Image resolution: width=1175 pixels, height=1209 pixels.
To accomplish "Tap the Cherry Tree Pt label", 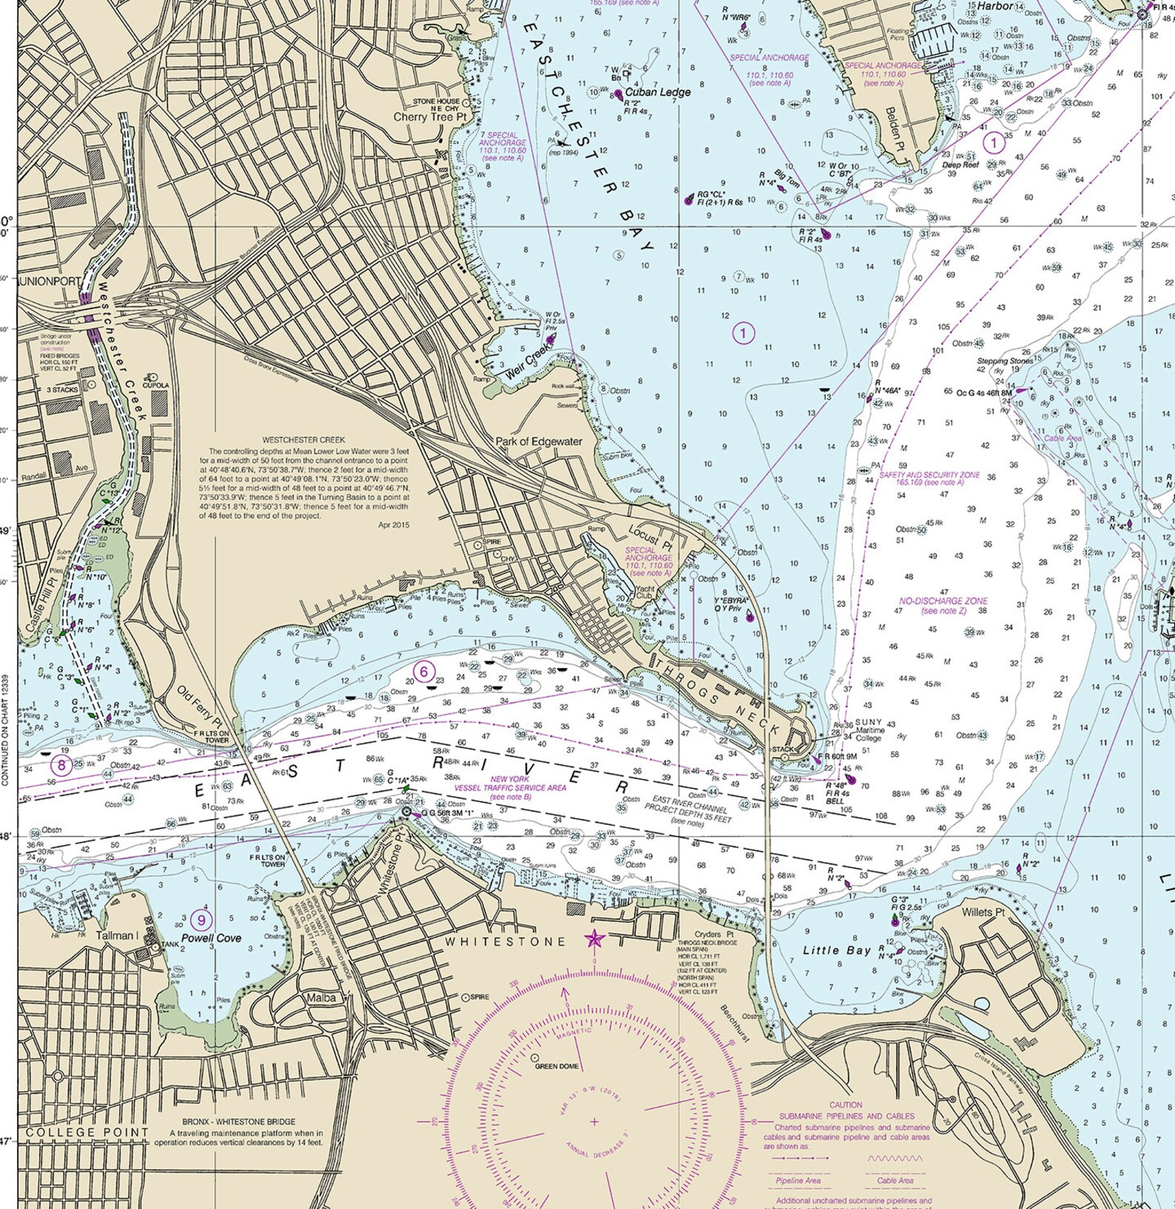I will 430,117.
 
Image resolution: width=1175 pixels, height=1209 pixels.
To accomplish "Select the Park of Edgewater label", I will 539,442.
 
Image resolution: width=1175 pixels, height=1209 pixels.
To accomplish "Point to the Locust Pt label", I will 650,539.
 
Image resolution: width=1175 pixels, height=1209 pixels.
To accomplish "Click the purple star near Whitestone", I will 593,940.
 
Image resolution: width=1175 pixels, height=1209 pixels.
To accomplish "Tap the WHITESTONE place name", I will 505,942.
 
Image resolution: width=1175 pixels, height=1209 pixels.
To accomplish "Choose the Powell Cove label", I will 212,938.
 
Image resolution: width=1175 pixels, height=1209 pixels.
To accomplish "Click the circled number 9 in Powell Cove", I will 201,920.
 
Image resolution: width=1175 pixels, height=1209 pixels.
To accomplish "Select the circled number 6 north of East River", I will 423,672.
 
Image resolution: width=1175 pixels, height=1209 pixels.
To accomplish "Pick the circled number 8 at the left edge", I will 62,765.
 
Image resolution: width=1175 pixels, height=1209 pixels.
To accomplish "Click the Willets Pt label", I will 983,912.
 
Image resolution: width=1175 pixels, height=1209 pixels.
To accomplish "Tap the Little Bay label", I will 837,950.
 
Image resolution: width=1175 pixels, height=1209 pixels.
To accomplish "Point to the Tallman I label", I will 117,935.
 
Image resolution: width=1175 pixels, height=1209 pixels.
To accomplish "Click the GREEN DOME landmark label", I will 556,1066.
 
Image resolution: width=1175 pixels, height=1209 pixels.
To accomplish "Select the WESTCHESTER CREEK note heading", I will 303,440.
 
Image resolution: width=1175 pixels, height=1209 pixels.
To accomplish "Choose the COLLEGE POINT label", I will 87,1133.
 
